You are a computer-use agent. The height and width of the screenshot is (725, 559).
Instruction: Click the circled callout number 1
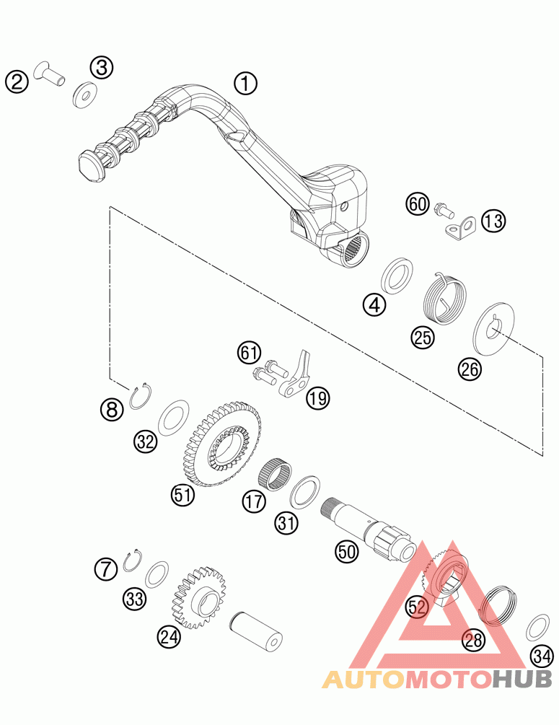click(246, 84)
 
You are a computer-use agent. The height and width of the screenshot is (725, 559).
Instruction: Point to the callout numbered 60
click(418, 204)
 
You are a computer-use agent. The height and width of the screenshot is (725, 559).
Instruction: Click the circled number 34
click(542, 656)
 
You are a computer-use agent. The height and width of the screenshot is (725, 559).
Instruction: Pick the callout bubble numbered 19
click(317, 397)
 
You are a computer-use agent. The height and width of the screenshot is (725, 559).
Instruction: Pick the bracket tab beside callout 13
click(459, 229)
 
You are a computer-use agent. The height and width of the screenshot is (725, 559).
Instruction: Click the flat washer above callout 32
click(173, 418)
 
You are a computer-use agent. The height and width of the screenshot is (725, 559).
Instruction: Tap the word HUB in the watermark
click(522, 679)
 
